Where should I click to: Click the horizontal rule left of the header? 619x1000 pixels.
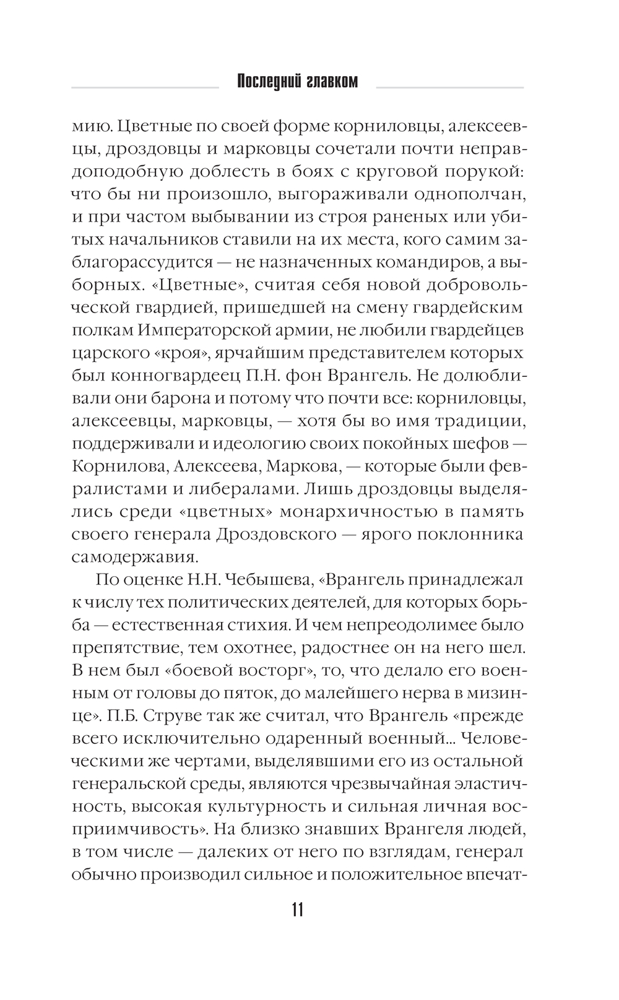[x=145, y=87]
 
